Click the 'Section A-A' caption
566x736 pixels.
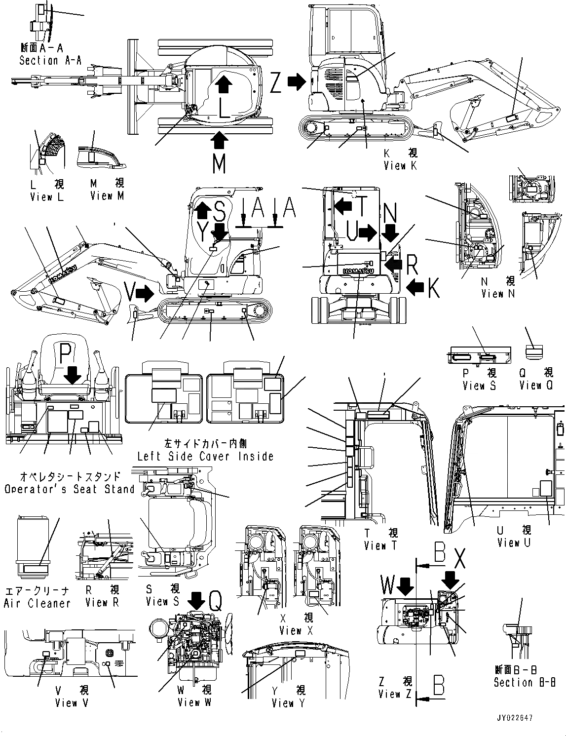click(50, 60)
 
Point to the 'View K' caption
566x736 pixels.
click(400, 166)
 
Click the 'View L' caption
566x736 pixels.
click(47, 197)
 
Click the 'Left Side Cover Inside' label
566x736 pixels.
click(205, 456)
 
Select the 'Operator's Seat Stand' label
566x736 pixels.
click(70, 489)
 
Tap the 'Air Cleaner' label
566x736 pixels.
click(37, 603)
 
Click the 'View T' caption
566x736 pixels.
click(381, 545)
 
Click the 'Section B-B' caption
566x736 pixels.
click(525, 682)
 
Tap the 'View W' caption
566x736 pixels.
click(194, 701)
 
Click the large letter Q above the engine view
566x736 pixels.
click(215, 601)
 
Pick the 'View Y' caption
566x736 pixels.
click(289, 702)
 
